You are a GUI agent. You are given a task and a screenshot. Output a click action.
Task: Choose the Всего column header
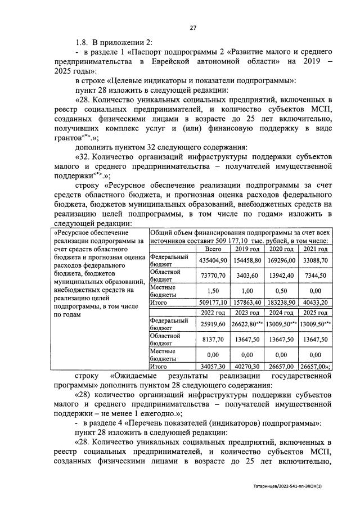[213, 249]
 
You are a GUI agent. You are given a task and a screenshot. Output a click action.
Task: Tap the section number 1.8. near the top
[84, 42]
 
